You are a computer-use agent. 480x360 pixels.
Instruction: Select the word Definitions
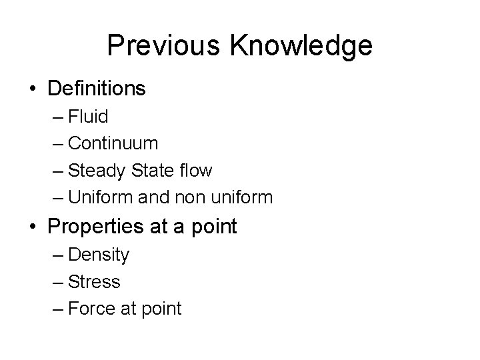tap(97, 88)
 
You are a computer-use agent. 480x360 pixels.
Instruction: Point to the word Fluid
tap(88, 117)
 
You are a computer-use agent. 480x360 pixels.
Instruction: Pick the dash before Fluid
tap(57, 118)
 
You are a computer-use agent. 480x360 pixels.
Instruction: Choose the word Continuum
tap(113, 144)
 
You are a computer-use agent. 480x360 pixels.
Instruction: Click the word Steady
tap(97, 171)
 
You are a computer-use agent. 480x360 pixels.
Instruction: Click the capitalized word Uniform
tap(97, 198)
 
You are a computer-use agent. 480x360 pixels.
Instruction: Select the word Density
tap(99, 255)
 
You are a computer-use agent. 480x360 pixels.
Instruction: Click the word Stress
tap(94, 282)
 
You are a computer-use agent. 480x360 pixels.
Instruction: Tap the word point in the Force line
tap(159, 309)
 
